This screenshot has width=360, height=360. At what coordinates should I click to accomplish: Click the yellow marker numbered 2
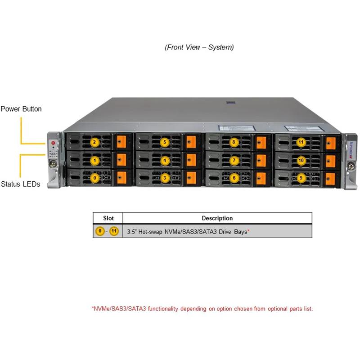point(94,143)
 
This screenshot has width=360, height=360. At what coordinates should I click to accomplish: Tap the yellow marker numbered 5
point(165,143)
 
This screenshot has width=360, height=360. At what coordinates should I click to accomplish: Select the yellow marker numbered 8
point(234,143)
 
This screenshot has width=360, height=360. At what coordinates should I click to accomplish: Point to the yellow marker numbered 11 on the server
point(301,143)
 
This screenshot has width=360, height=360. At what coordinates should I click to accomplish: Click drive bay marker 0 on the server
point(94,178)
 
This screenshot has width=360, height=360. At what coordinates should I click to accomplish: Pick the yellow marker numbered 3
point(165,178)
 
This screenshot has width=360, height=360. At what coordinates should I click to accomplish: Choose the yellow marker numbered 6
point(234,178)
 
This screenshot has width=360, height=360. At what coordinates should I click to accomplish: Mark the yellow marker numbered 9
point(301,178)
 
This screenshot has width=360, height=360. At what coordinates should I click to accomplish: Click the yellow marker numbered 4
point(165,160)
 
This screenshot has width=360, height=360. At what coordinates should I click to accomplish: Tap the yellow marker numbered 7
point(234,160)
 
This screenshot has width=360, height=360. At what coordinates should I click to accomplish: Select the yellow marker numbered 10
point(301,160)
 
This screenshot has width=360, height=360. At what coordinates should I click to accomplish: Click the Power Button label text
point(21,109)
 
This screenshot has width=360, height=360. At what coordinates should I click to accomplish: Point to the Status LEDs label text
point(20,184)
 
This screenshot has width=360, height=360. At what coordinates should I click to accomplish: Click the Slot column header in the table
point(108,218)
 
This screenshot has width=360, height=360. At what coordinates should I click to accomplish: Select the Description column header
point(217,218)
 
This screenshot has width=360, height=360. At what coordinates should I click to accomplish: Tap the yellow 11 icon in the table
point(114,231)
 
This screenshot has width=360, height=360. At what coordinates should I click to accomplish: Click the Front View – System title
point(199,47)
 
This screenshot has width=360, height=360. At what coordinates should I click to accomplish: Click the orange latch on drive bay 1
point(121,160)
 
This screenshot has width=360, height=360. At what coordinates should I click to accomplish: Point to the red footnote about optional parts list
point(202,309)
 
